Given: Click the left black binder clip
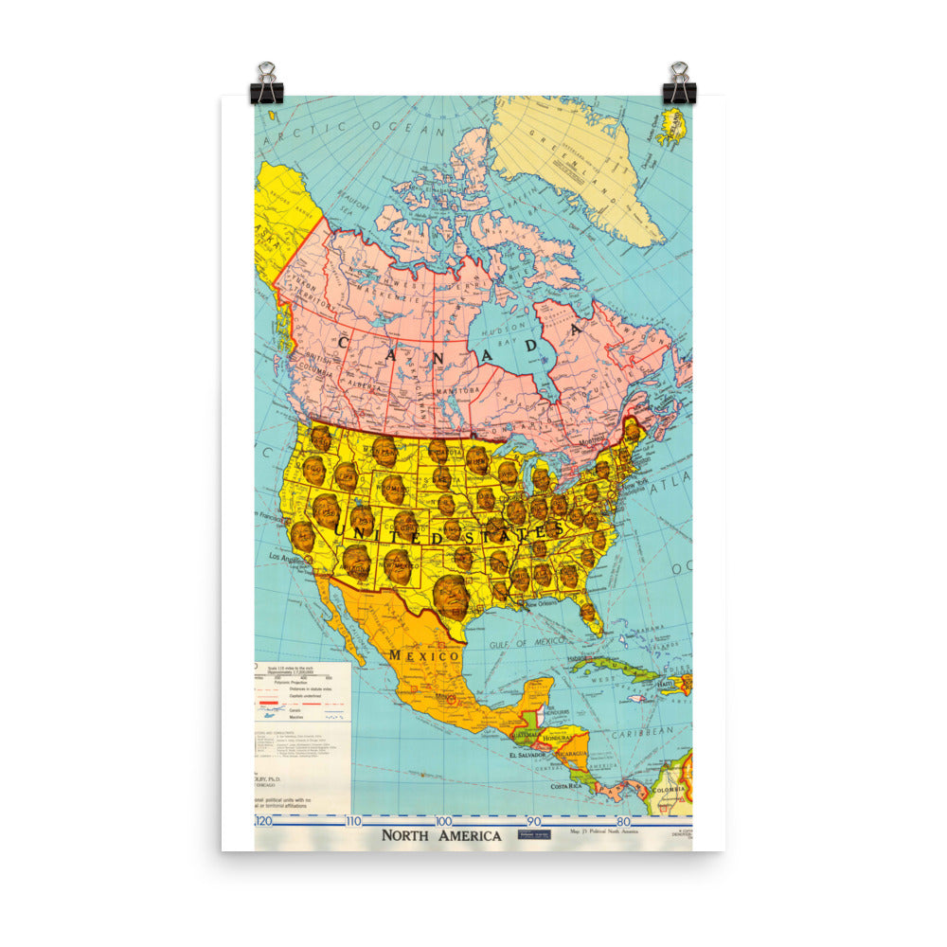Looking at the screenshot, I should tap(267, 85).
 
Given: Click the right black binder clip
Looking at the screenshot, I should tap(679, 85).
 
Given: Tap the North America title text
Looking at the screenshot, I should tap(440, 836).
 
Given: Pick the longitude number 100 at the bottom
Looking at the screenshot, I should tap(442, 821).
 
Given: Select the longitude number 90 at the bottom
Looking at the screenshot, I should tap(533, 821).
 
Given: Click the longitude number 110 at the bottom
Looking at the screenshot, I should tap(353, 821).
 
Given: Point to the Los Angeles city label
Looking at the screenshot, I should tap(291, 558).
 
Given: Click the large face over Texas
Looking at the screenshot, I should tap(451, 596).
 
